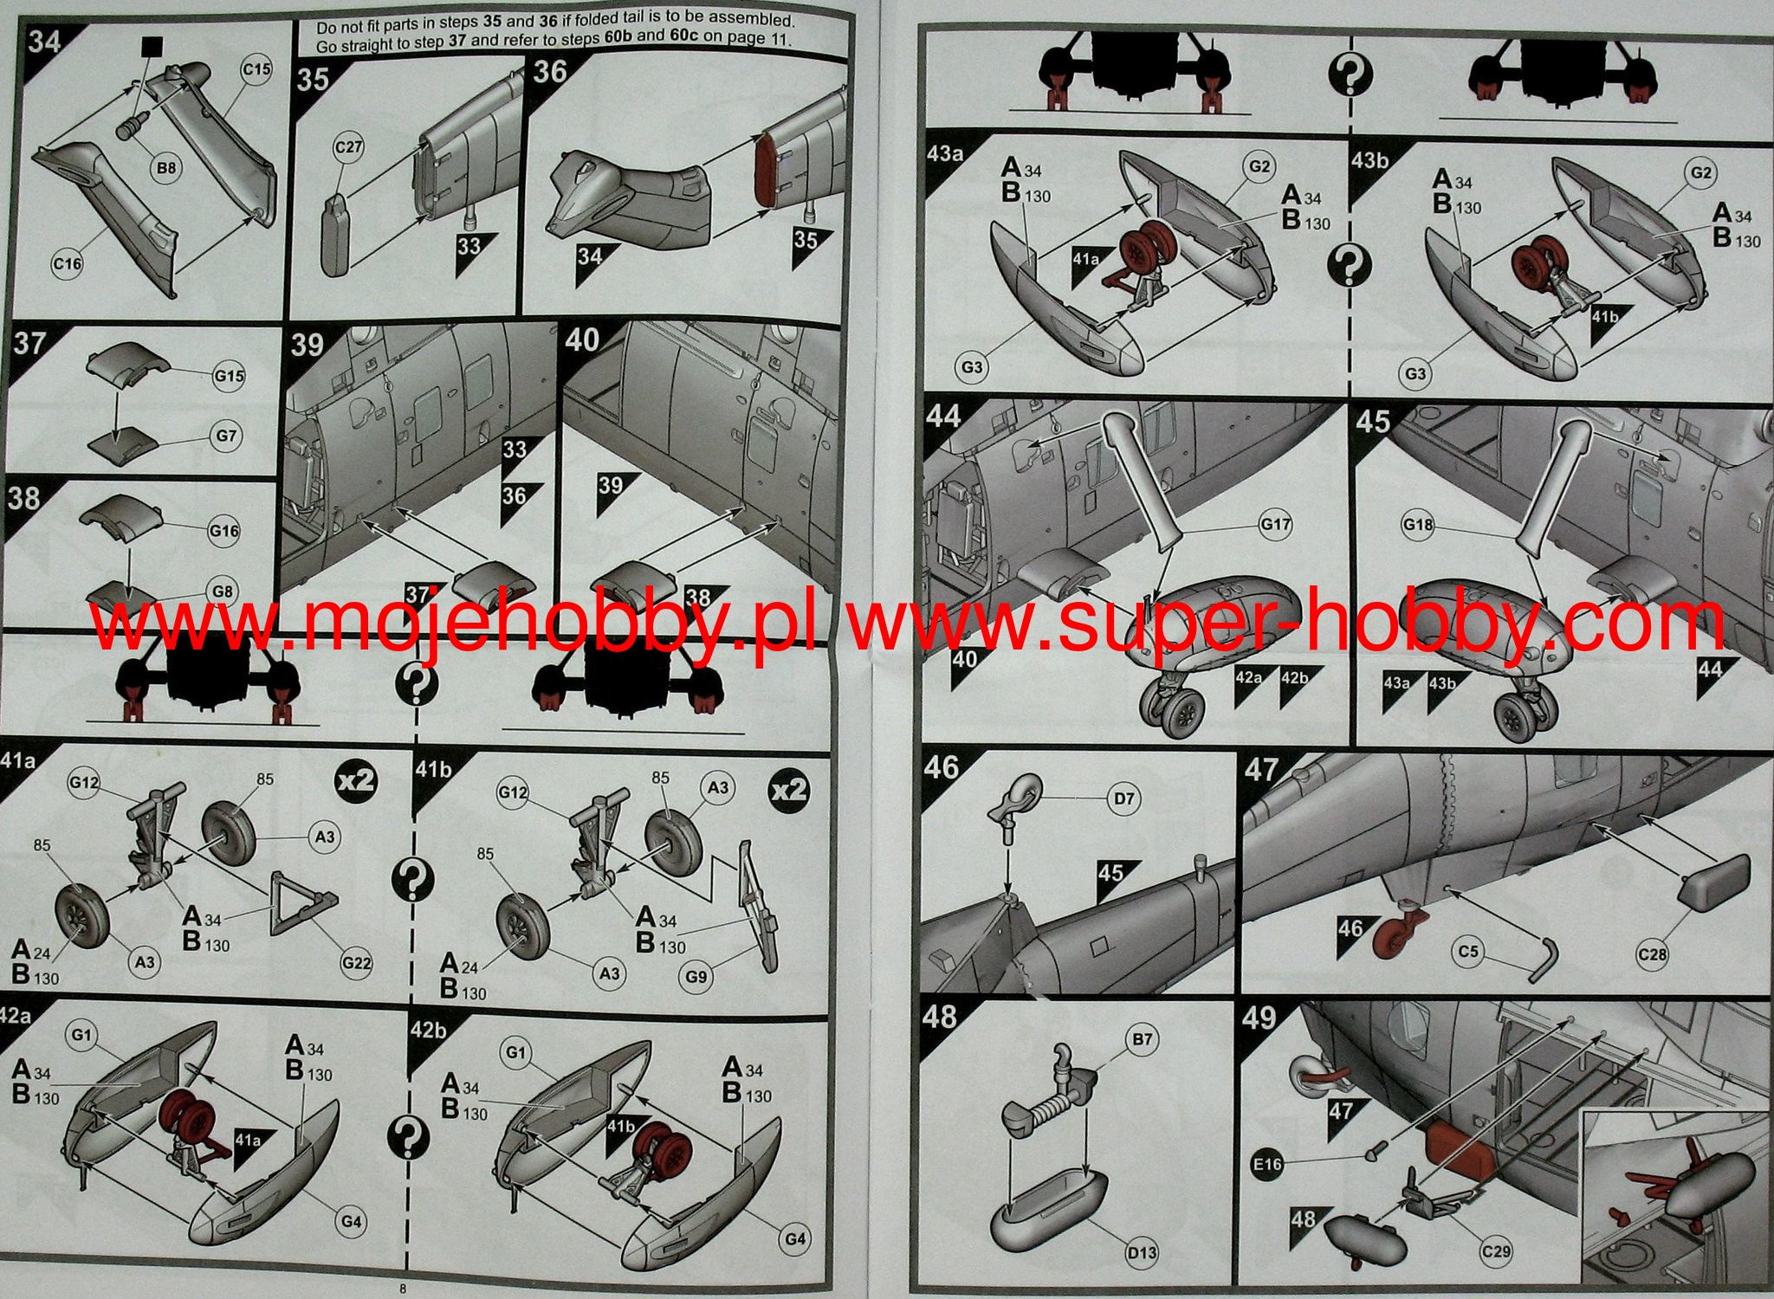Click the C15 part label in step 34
pyautogui.click(x=256, y=69)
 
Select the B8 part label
pyautogui.click(x=165, y=168)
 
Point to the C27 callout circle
pyautogui.click(x=347, y=148)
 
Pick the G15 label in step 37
pyautogui.click(x=230, y=377)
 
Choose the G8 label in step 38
pyautogui.click(x=223, y=592)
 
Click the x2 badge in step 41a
pyautogui.click(x=356, y=781)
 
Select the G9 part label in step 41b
pyautogui.click(x=696, y=977)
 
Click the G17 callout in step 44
pyautogui.click(x=1275, y=525)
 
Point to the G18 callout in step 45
pyautogui.click(x=1418, y=525)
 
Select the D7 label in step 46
pyautogui.click(x=1123, y=798)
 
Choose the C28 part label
pyautogui.click(x=1652, y=955)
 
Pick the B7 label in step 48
pyautogui.click(x=1142, y=1039)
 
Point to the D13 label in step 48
pyautogui.click(x=1143, y=1252)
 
